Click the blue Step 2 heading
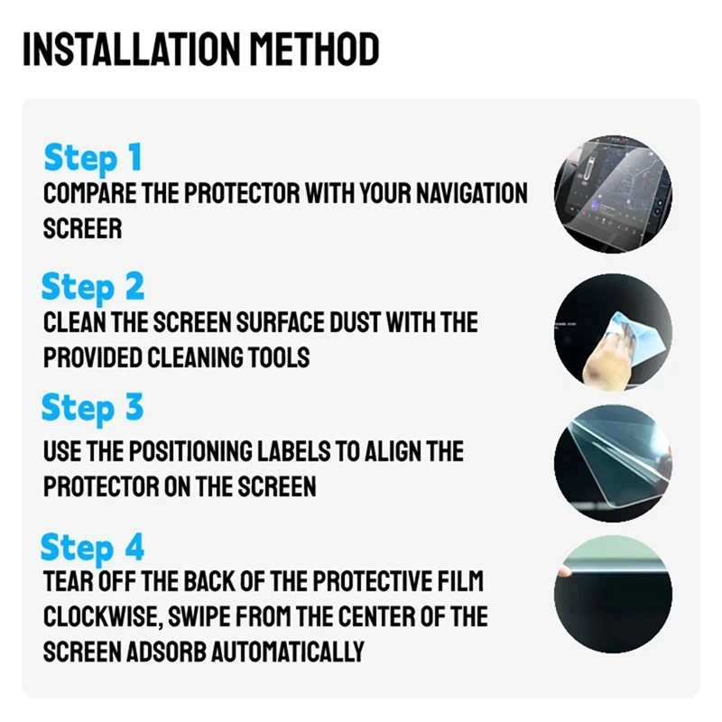(x=93, y=287)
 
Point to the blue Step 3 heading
(x=93, y=409)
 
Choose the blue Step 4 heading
(x=92, y=548)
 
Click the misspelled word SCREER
(x=82, y=228)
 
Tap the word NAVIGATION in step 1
(x=472, y=193)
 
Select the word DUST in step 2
(x=356, y=322)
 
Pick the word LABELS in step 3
(x=294, y=451)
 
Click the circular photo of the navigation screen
(x=613, y=194)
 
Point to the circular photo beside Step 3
(x=613, y=463)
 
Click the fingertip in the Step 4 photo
(x=564, y=572)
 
